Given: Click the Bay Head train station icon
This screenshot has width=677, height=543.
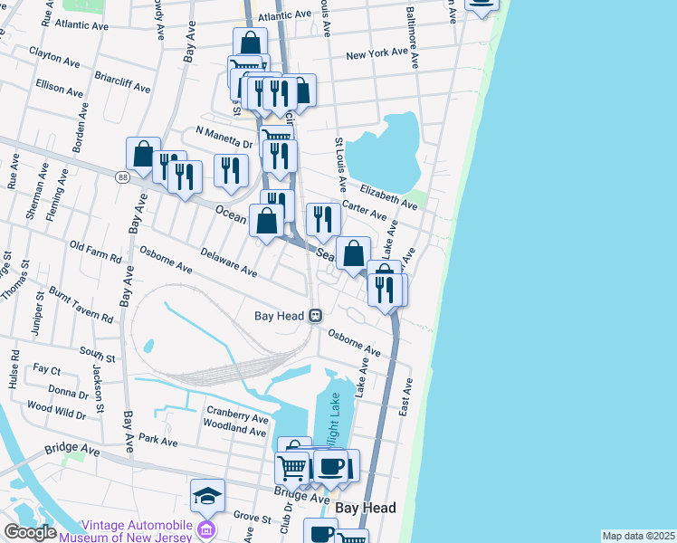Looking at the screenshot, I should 315,316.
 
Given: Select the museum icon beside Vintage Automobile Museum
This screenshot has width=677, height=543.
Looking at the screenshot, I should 206,529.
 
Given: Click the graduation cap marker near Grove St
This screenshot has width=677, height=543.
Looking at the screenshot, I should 207,495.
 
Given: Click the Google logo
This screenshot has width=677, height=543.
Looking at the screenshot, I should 30,531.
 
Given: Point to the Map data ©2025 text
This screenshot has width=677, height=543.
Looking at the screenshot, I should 638,536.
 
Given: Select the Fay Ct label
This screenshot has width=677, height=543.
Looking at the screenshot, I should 46,370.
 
